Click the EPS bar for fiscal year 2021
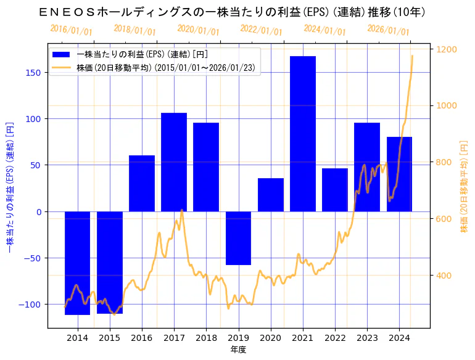pos(303,134)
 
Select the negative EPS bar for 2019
pos(238,238)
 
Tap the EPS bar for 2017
pos(174,162)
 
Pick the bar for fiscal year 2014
pos(77,263)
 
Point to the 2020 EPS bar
pos(271,195)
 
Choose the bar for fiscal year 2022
pos(335,190)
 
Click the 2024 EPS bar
pos(399,174)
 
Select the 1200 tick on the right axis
pos(447,49)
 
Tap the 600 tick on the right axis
pos(444,219)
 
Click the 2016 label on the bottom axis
pos(142,338)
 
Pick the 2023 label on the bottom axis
pos(367,338)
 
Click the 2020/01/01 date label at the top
pos(198,30)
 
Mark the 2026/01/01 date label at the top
pos(388,30)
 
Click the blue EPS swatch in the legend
pos(62,54)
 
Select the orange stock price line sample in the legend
pos(62,67)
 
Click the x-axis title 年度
pos(238,350)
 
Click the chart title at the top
pos(238,12)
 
